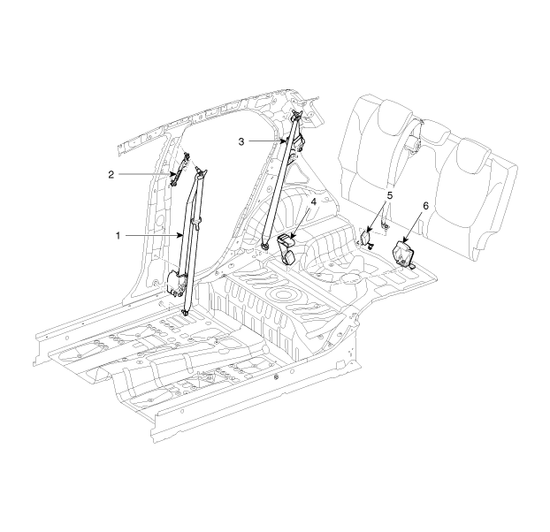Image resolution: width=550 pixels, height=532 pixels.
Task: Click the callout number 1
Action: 118,236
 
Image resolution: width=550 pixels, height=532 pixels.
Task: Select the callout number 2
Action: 111,174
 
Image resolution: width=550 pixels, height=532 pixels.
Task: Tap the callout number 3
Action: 241,141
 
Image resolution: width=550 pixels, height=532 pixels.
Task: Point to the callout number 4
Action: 313,202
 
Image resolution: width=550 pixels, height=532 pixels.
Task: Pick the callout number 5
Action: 390,195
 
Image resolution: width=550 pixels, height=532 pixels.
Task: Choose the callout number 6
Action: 425,206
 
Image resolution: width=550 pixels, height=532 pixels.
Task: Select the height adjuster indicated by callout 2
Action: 180,170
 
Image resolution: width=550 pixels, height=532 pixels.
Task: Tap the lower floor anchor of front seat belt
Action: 185,312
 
